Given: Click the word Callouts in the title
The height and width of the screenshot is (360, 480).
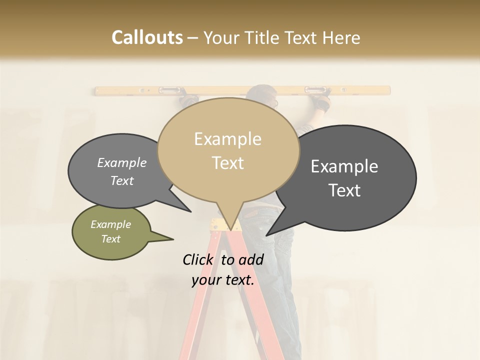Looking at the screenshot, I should point(147,37).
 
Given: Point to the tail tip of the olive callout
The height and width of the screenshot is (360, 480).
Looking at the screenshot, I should point(172,239).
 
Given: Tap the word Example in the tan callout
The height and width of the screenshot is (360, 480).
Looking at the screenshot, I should point(228,138).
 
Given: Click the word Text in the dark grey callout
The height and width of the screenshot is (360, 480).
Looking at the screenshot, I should point(344,190).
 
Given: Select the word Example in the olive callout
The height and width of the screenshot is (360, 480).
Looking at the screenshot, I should point(111,224).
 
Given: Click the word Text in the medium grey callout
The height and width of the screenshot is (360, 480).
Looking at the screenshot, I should point(122,181).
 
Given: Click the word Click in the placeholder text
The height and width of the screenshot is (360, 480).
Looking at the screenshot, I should point(198,259).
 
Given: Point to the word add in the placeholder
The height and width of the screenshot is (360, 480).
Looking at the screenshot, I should point(250,259).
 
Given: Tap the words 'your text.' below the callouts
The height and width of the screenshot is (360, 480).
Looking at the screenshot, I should point(222,280).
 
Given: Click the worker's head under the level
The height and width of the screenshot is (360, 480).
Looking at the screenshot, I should point(265,97).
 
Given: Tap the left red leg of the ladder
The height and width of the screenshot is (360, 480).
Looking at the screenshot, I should point(197,310).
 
